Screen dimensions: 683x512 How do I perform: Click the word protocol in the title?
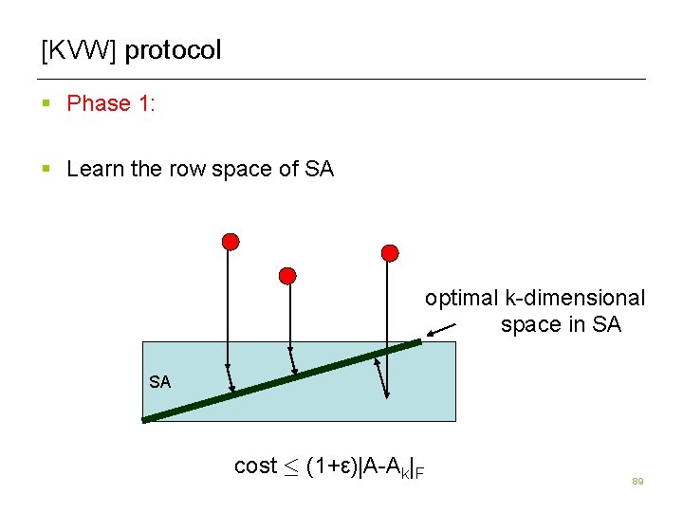point(173,50)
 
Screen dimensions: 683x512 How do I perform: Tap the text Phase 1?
point(111,103)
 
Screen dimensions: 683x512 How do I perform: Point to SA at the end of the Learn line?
point(320,170)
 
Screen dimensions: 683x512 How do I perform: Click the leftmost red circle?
point(230,241)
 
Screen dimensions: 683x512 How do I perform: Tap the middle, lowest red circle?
point(287,276)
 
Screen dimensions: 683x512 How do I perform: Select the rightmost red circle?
point(390,251)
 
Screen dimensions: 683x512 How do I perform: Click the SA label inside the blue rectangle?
point(160,382)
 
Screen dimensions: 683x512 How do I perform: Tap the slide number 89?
point(637,483)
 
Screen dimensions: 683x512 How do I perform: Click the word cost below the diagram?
point(255,466)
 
